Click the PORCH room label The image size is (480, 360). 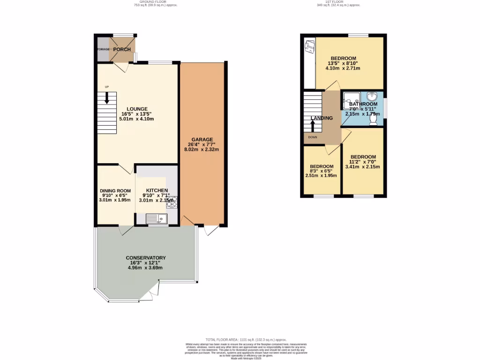tap(121, 50)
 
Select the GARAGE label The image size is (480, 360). tap(202, 139)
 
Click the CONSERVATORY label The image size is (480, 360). tap(146, 258)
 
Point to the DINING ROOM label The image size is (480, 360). tap(115, 191)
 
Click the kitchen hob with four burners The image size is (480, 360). tap(172, 202)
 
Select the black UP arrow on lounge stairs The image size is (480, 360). tap(107, 97)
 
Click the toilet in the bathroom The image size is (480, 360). tap(373, 120)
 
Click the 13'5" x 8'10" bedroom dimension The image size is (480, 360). tap(343, 64)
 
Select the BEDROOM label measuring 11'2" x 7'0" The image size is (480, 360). tap(363, 157)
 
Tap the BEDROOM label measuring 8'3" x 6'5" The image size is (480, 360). tap(322, 166)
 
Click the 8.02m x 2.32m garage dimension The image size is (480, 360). tap(202, 150)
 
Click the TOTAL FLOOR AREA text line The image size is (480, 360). tap(246, 339)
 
